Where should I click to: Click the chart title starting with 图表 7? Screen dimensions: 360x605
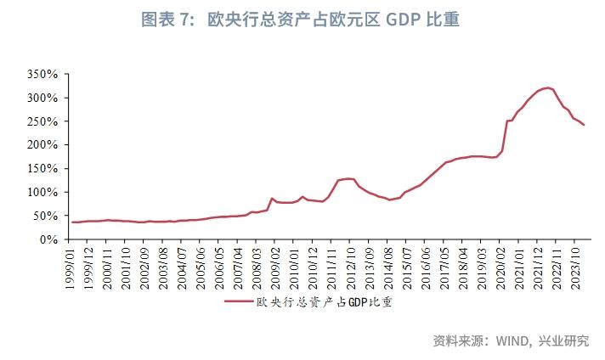301,20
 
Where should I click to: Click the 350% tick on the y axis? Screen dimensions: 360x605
42,75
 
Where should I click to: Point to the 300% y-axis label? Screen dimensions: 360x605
42,98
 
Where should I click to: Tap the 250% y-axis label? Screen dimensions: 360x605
42,121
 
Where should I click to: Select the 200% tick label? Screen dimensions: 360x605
42,145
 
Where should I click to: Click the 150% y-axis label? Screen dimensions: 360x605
42,169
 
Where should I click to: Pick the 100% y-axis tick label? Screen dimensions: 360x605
42,192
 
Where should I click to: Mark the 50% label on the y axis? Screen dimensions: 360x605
44,216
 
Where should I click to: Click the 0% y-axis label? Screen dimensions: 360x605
48,239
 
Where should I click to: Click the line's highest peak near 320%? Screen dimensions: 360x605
547,87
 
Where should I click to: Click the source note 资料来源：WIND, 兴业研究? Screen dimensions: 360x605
511,340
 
